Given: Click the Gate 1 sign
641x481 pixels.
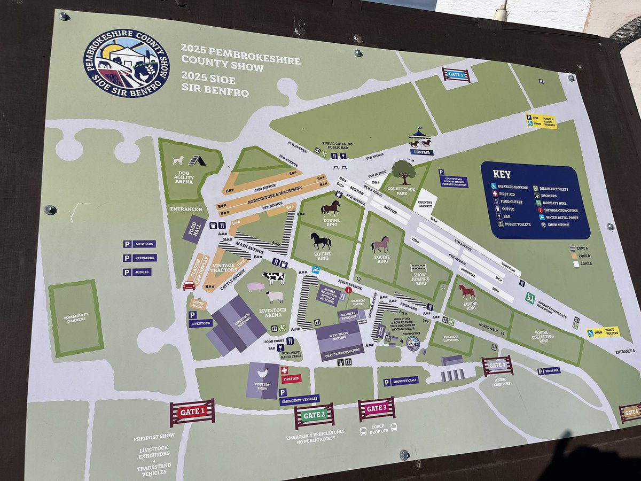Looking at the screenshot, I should coord(192,412).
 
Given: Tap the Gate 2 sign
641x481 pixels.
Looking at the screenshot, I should coord(314,415).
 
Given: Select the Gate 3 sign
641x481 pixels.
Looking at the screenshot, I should coord(377,409).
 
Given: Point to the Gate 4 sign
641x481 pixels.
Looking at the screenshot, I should coord(497,366).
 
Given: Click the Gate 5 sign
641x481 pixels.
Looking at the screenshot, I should coord(456,74).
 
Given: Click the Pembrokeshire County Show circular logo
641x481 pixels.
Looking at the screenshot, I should coord(127,63).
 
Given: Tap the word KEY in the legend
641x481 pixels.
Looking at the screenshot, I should coord(502,174).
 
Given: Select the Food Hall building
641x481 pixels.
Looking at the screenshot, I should coord(194,229).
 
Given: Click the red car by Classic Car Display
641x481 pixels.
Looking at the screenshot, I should coord(189,286).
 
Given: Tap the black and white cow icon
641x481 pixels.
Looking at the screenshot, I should coord(273,278).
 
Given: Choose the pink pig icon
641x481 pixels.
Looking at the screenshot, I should coord(255,287).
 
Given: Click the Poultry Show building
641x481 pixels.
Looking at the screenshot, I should coord(263,380).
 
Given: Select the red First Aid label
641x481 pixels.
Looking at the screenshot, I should coord(291,378).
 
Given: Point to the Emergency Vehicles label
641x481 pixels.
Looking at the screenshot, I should coord(299,399).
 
